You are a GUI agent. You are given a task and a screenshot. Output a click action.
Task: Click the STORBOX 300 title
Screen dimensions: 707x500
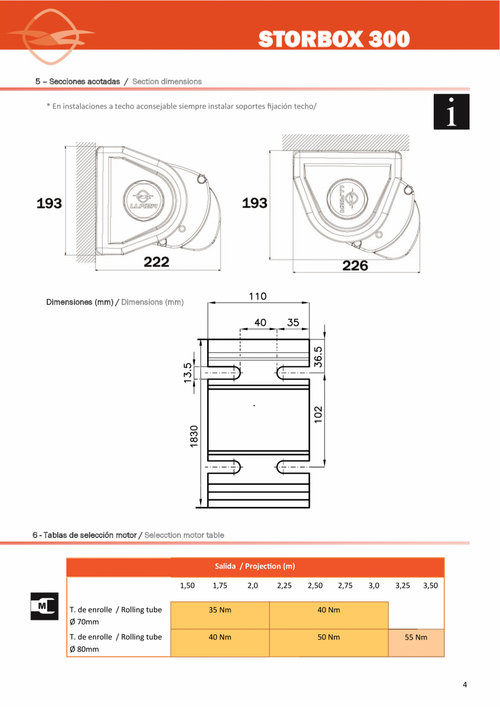pos(333,39)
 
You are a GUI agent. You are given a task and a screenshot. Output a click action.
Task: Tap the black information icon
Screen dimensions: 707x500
pos(451,112)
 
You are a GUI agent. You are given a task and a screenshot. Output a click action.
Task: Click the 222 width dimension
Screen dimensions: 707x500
pos(157,262)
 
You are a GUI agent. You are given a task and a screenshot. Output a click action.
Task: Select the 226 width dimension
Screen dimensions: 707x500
pos(355,265)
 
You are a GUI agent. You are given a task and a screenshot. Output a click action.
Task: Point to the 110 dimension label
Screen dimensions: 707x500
pos(258,296)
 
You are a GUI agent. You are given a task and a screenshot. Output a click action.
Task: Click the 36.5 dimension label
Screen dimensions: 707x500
pos(318,356)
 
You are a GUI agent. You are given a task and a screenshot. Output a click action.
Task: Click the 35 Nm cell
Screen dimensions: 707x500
pos(220,610)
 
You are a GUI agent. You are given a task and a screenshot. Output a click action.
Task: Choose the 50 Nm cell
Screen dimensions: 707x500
pos(329,637)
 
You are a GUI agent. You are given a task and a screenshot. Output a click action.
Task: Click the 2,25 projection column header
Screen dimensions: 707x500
pos(284,586)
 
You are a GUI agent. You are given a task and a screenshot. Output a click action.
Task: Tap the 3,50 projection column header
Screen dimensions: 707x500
pos(430,586)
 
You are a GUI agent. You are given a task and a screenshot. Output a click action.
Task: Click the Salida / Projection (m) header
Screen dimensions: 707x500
pos(255,566)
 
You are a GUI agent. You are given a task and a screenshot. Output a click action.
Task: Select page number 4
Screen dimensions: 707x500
pos(464,685)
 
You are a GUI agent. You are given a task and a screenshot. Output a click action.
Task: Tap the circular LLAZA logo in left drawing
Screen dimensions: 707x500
pos(140,201)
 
